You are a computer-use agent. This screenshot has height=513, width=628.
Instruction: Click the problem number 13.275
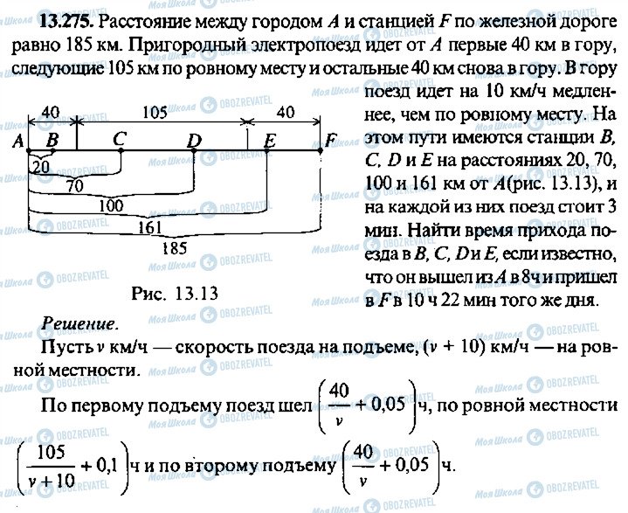(67, 22)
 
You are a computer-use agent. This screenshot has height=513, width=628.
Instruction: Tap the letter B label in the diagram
(52, 140)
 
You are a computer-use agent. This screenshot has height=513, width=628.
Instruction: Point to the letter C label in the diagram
(120, 140)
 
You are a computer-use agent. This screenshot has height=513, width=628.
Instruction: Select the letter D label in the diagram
(195, 141)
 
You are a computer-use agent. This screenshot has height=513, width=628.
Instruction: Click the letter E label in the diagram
(270, 141)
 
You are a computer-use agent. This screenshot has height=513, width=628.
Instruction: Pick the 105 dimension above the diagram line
(155, 113)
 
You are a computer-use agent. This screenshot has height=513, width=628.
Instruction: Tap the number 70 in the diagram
(75, 185)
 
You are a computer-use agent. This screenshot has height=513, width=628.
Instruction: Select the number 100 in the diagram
(111, 205)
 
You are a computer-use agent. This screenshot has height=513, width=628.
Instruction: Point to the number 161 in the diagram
(149, 227)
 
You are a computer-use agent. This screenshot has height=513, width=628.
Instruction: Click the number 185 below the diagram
(175, 248)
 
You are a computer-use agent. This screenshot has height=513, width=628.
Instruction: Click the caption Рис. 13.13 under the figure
(175, 294)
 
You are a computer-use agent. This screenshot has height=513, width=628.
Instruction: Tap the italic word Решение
(79, 324)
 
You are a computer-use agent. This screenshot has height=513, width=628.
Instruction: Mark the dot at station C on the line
(121, 151)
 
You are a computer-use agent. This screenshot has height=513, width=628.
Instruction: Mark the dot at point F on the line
(321, 150)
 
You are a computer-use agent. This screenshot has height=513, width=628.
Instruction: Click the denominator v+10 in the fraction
(52, 480)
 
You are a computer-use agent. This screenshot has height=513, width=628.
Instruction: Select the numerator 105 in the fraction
(51, 453)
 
